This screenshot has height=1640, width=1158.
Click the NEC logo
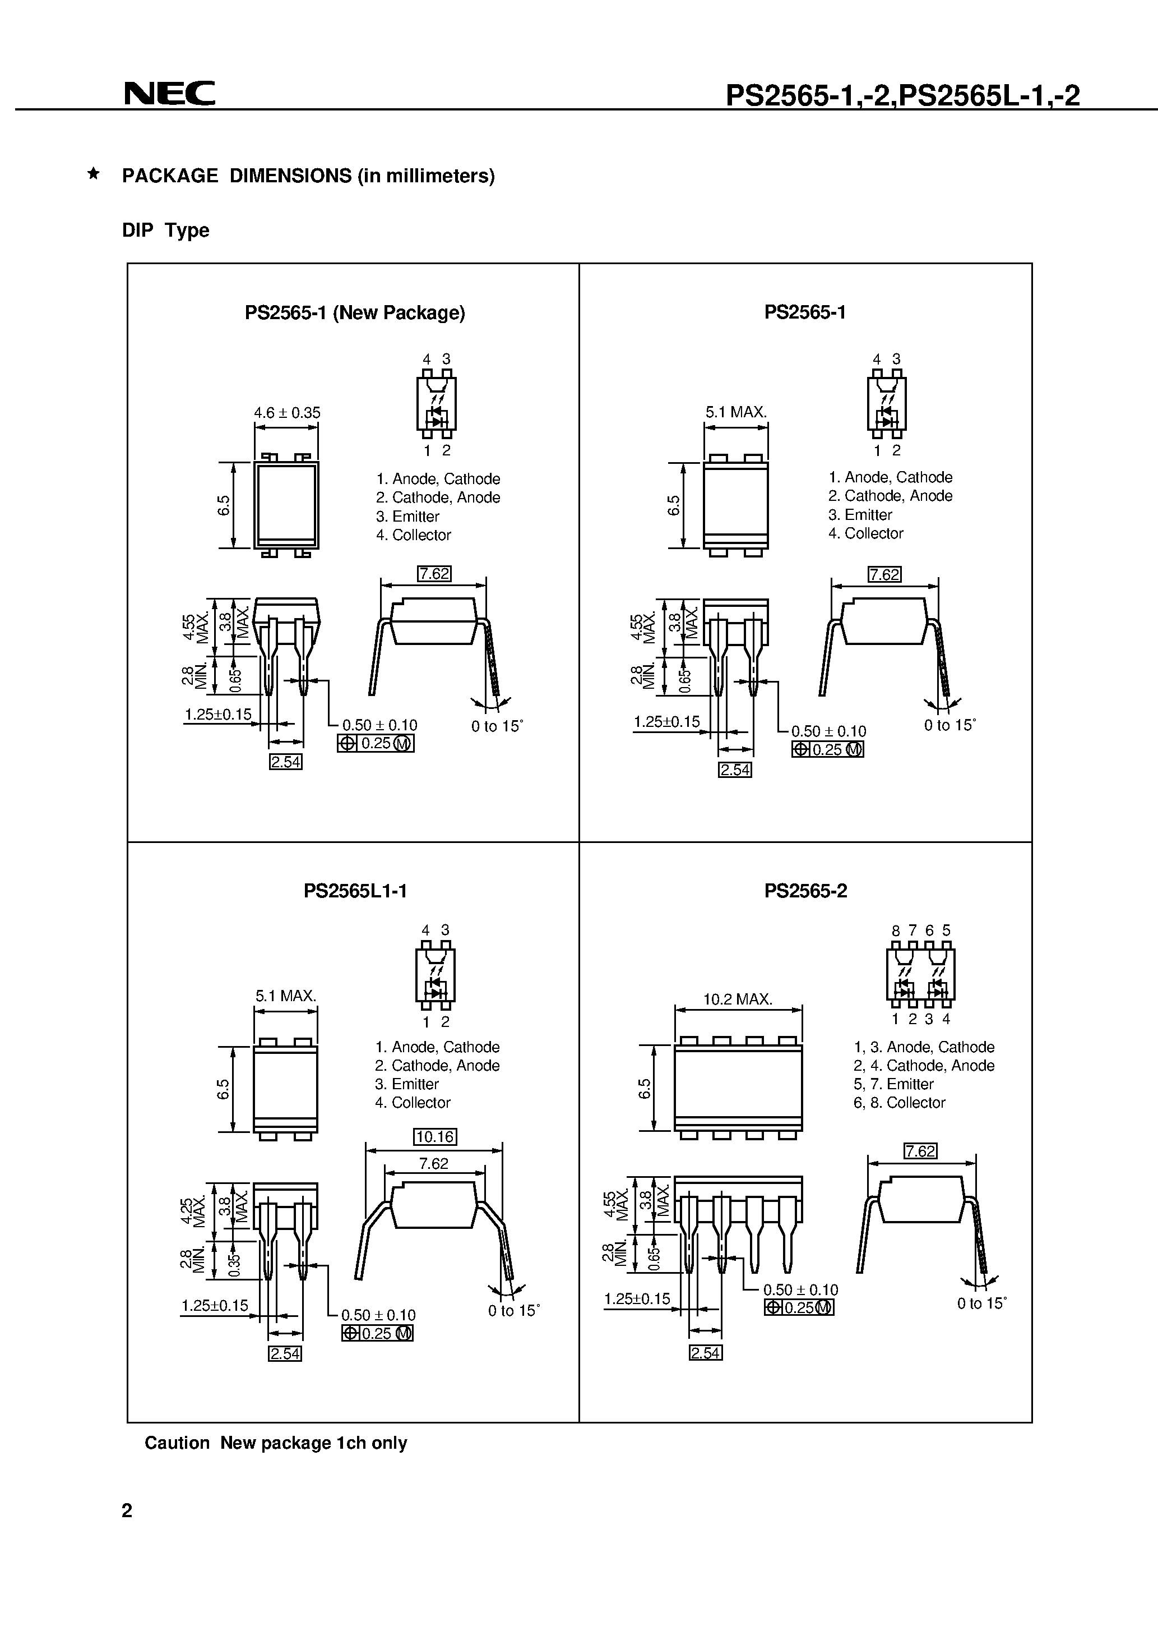pos(169,94)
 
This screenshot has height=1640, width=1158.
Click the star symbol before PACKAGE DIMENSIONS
pos(93,173)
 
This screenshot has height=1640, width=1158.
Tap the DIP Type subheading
pos(166,230)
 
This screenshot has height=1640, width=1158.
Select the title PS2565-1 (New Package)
pos(355,313)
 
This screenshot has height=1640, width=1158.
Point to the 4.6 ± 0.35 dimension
pos(287,413)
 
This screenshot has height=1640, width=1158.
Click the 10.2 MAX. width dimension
pos(738,999)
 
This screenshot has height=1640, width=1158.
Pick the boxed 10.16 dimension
pos(435,1136)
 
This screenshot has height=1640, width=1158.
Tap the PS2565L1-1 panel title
pos(355,891)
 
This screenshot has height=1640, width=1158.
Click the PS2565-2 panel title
pos(805,891)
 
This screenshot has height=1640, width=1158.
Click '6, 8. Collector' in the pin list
pos(899,1102)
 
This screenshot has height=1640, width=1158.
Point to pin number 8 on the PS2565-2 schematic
pos(895,930)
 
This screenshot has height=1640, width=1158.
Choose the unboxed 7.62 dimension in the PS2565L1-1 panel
pos(433,1164)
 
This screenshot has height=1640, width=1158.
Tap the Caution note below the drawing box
pos(276,1443)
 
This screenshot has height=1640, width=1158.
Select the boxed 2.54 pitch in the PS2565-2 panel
pos(705,1353)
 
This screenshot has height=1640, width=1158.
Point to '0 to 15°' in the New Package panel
pos(497,726)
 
